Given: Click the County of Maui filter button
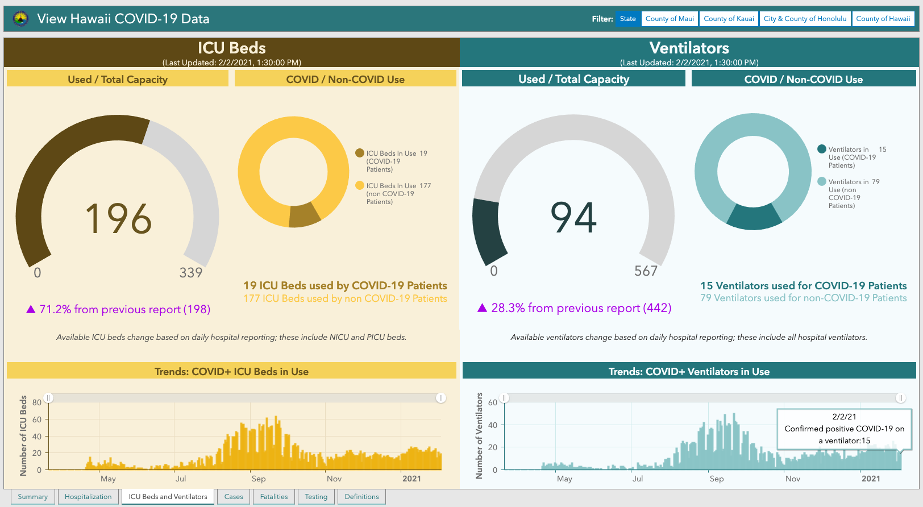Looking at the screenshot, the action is click(670, 19).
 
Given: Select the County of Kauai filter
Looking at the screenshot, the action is click(729, 19).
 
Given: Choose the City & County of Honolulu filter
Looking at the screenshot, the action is click(805, 19).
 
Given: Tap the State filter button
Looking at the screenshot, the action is click(628, 19).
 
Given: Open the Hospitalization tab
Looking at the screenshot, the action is click(88, 497).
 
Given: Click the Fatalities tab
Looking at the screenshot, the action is click(274, 497).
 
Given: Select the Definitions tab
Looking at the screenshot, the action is click(362, 497).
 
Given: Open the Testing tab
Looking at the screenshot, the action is click(316, 497).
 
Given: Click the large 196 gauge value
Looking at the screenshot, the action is click(118, 219).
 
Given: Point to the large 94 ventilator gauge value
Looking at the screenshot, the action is click(573, 217).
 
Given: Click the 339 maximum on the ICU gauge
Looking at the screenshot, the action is click(191, 273).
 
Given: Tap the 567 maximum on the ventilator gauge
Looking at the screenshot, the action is click(646, 271).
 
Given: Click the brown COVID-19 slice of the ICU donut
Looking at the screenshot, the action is click(304, 215).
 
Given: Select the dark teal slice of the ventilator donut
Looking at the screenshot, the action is click(754, 217).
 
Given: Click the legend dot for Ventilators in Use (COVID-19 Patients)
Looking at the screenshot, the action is click(822, 149).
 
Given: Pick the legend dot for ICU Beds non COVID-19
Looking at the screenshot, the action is click(360, 185).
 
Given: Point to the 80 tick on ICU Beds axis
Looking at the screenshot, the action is click(37, 402).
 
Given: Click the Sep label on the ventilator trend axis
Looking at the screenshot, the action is click(717, 479).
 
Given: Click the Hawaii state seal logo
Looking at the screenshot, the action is click(20, 19).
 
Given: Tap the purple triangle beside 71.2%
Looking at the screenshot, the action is click(31, 309).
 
